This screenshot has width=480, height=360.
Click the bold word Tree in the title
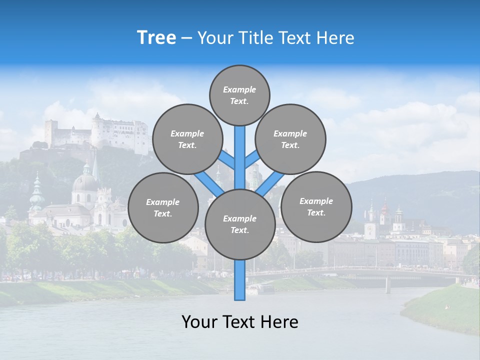(156, 37)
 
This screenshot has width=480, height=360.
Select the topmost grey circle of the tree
(239, 95)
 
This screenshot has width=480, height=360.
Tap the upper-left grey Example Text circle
(187, 139)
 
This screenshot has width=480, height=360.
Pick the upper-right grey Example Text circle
(290, 139)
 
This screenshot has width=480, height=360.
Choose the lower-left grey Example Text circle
(163, 207)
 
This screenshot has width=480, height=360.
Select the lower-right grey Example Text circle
(316, 206)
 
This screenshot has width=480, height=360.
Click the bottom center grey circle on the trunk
(239, 224)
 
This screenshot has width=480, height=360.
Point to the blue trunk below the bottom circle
(239, 280)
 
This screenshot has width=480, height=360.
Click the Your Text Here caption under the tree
(239, 322)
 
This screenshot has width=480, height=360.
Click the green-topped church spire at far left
(36, 192)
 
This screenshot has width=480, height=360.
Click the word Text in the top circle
(239, 101)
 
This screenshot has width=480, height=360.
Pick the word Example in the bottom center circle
(239, 218)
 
